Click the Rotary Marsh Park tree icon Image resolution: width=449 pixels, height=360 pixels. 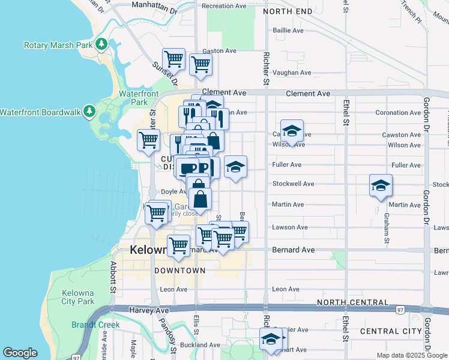[103, 44]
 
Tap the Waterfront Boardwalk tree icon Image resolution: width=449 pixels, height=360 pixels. [89, 112]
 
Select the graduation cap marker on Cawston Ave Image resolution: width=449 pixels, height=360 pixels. [292, 131]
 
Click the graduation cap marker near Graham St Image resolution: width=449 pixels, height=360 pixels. [381, 186]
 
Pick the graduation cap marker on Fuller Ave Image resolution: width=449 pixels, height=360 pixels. [236, 167]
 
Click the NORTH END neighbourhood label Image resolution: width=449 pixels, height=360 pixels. [287, 11]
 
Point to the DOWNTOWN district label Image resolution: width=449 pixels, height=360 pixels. [179, 271]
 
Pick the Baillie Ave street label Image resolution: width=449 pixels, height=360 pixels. [289, 30]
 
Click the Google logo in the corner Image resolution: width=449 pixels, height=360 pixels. [20, 353]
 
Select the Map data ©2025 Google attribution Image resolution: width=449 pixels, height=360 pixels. [411, 355]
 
